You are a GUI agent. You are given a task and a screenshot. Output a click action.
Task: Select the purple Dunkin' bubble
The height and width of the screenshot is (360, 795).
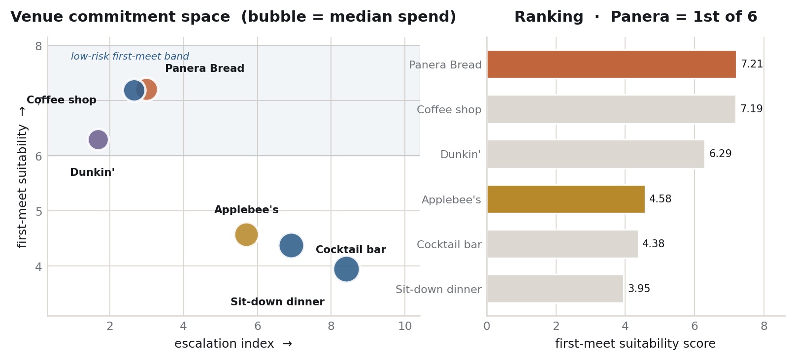(98, 139)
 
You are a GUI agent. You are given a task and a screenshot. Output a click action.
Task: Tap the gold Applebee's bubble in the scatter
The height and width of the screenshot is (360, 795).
(246, 234)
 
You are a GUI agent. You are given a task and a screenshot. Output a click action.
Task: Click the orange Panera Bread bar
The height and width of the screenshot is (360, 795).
(611, 64)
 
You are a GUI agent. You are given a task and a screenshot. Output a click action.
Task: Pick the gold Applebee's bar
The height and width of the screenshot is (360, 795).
(566, 199)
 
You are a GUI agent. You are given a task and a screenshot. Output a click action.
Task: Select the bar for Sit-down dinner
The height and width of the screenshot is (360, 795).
(555, 289)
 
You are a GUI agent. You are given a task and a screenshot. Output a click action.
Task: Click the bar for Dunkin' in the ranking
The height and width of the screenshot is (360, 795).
(596, 154)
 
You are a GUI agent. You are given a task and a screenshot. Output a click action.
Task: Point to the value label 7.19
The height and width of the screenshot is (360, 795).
(751, 108)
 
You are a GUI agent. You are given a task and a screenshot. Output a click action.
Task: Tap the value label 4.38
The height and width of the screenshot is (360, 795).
(653, 244)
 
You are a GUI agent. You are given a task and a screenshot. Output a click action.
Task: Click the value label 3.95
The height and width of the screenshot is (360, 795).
(639, 289)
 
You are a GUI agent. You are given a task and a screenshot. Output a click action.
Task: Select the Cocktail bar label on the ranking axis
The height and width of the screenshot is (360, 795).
(449, 244)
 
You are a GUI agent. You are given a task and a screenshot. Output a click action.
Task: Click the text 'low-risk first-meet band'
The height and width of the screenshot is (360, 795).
(130, 57)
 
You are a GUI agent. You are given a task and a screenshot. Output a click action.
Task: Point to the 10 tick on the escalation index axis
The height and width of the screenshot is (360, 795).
(405, 326)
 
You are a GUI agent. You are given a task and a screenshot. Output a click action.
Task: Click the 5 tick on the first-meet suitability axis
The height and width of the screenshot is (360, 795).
(39, 211)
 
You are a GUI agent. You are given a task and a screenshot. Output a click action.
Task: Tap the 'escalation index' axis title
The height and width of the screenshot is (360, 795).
(224, 344)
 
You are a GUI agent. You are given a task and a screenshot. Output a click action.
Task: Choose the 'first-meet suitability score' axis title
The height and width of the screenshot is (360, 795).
(635, 344)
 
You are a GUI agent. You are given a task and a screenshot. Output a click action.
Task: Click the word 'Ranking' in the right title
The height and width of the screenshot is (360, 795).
(549, 17)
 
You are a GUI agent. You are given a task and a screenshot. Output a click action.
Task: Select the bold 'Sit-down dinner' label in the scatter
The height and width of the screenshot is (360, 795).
(277, 302)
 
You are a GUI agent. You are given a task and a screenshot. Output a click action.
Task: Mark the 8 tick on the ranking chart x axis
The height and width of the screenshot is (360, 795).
(764, 326)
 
